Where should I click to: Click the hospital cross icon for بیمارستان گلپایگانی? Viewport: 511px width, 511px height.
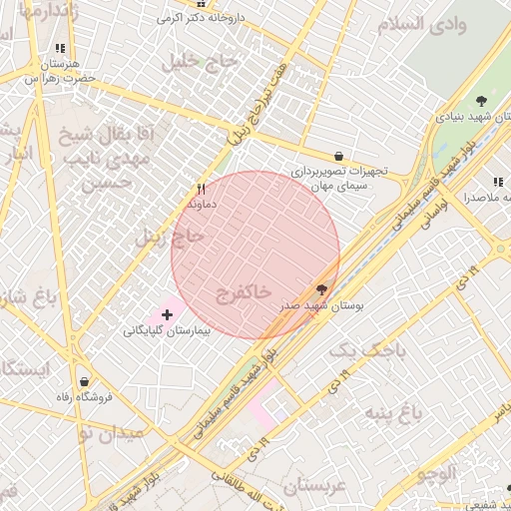[x=167, y=315]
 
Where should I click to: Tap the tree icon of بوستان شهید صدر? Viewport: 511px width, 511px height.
[x=320, y=288]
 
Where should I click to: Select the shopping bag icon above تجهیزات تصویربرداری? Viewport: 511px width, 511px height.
[x=339, y=157]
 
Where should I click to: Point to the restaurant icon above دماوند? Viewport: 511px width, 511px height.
[x=201, y=189]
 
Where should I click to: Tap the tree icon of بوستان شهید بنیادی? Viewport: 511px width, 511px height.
[x=482, y=101]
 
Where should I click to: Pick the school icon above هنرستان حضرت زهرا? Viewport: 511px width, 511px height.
[x=61, y=48]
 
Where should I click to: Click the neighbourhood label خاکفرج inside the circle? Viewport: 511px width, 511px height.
[x=243, y=292]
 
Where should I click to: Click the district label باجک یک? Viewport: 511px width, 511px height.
[x=368, y=350]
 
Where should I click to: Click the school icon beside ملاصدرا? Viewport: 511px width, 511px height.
[x=496, y=183]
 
